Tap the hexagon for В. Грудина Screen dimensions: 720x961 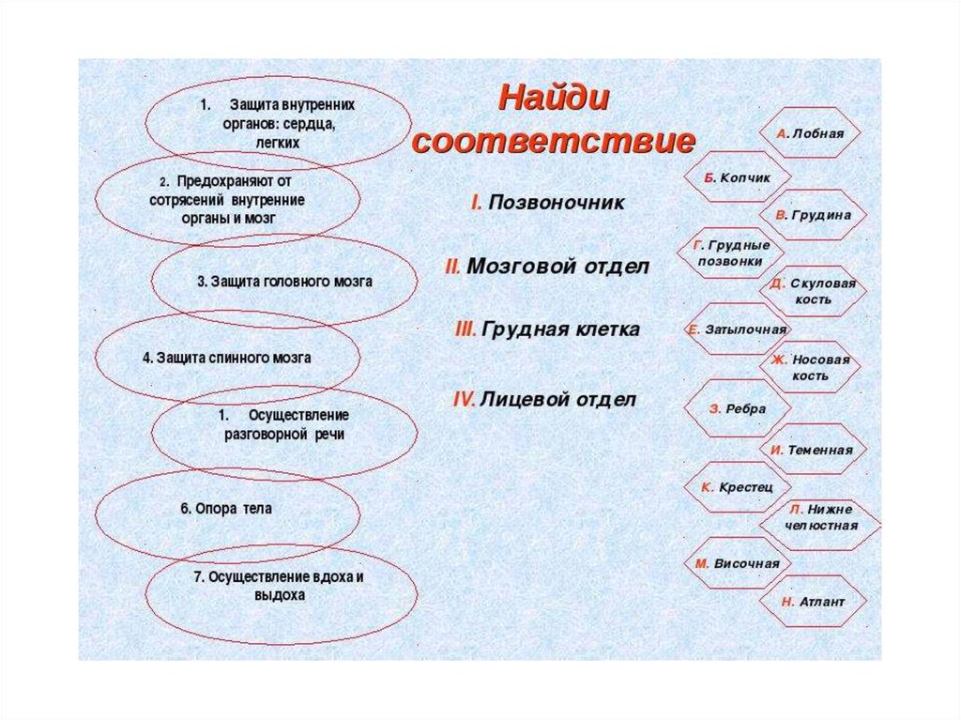tap(813, 215)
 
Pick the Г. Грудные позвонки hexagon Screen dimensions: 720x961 tap(731, 253)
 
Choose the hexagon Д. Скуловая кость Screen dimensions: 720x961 tap(812, 290)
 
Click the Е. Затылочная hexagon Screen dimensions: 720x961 tap(737, 329)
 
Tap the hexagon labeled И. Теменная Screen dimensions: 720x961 tap(812, 450)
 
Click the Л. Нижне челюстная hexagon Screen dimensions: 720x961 tap(821, 517)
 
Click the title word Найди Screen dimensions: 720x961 tap(554, 98)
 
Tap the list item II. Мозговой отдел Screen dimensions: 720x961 tap(546, 267)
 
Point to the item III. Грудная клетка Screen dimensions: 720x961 tap(546, 329)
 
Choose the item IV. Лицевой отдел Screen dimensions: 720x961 tap(544, 399)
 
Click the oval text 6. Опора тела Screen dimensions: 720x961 tap(225, 509)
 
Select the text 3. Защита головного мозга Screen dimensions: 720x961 tap(284, 281)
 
